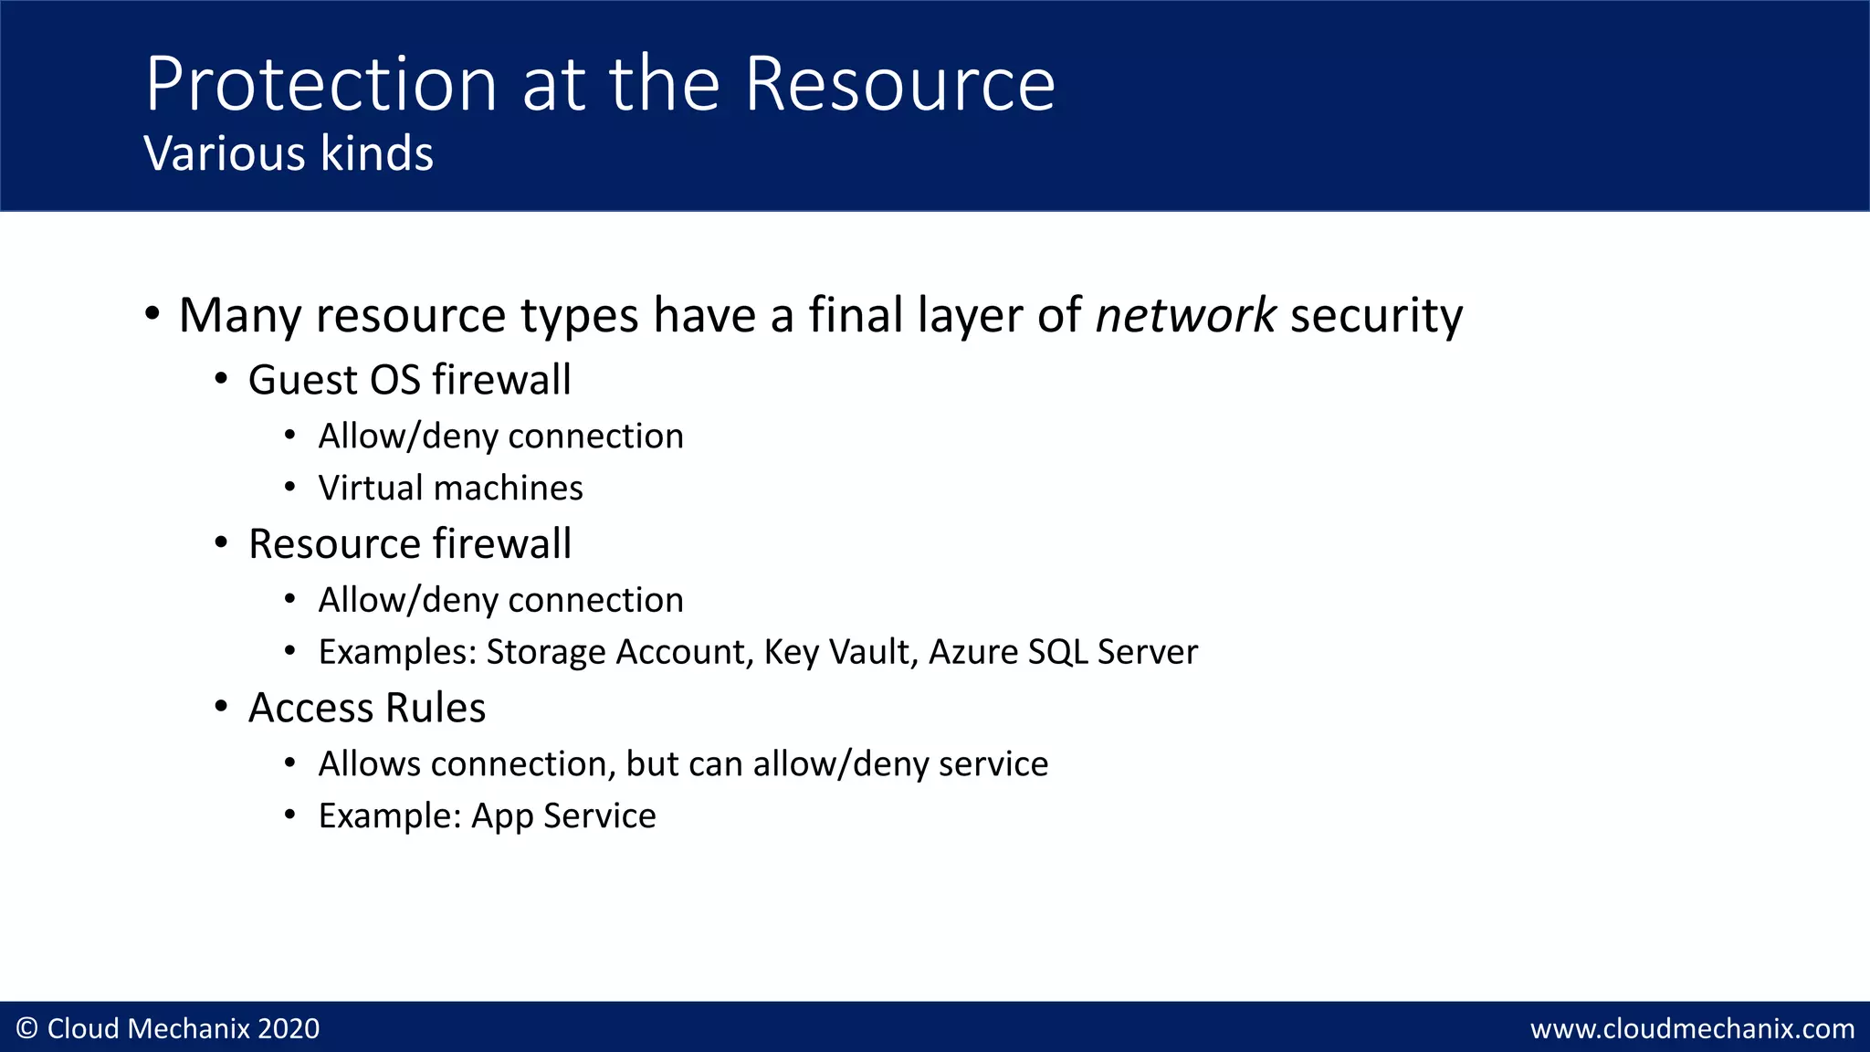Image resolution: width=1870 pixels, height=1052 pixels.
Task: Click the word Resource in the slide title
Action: tap(899, 84)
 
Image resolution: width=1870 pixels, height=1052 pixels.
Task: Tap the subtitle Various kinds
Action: tap(289, 153)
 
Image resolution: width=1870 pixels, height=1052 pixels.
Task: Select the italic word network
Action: tap(1185, 315)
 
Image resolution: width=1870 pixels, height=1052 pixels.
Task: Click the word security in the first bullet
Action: tap(1376, 317)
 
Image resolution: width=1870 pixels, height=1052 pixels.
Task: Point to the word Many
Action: tap(239, 317)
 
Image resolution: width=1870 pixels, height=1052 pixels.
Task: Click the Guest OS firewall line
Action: tap(409, 380)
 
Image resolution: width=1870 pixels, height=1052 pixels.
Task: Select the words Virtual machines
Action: tap(450, 488)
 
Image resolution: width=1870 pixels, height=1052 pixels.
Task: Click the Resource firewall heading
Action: tap(409, 544)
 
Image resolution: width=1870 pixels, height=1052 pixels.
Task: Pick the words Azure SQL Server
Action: tap(1063, 652)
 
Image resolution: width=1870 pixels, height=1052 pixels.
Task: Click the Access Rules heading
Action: tap(367, 708)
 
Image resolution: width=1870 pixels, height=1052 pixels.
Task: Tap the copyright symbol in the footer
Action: tap(26, 1028)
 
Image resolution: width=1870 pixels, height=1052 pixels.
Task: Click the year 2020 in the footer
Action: tap(289, 1028)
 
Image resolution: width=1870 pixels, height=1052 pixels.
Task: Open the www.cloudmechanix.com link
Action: tap(1692, 1029)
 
